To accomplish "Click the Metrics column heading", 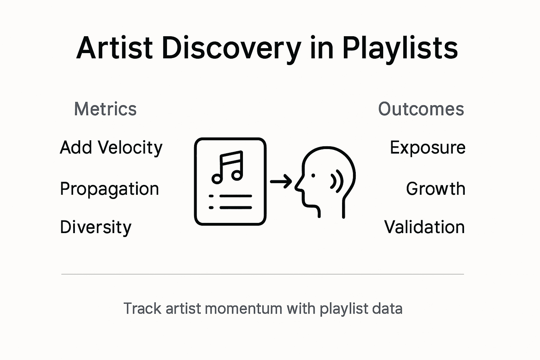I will coord(105,109).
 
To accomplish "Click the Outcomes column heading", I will coord(421,109).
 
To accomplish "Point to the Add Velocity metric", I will coord(111,147).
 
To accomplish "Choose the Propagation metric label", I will coord(109,189).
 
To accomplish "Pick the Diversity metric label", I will coord(96,227).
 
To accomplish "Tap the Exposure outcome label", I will coord(427,147).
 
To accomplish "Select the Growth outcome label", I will coord(436,189).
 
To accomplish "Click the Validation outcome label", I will coord(424,227).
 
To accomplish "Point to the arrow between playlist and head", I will coord(281,181).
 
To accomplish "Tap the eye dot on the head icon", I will coord(313,175).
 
